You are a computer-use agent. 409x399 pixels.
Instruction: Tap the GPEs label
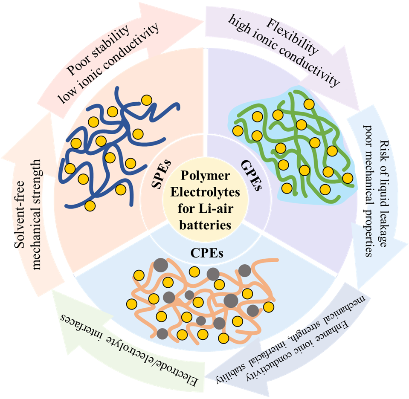coord(254,176)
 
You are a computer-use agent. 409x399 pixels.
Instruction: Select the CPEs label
coord(207,255)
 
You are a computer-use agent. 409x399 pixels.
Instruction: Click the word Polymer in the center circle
coord(206,176)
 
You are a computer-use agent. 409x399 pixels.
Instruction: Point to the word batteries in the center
coord(207,224)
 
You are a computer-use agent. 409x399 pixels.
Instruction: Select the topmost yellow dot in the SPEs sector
coord(146,100)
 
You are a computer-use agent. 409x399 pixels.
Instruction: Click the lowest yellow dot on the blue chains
coord(90,206)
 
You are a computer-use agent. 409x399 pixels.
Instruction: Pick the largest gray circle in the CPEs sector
coord(230,300)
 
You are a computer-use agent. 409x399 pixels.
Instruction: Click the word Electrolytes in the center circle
coord(207,192)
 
